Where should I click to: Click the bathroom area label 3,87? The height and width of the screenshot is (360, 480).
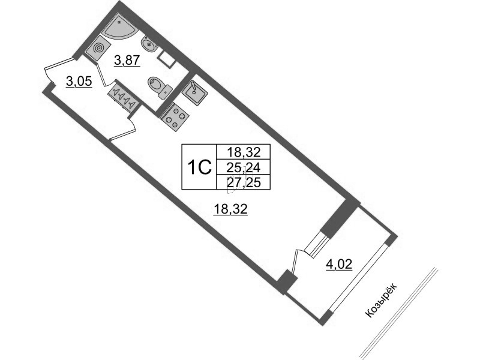127,61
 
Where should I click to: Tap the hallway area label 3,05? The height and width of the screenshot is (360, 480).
79,82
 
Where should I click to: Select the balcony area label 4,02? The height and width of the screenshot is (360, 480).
339,264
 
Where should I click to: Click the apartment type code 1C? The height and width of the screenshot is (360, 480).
200,167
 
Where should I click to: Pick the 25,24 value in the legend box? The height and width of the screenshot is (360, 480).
244,167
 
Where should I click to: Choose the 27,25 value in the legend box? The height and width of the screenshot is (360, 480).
244,183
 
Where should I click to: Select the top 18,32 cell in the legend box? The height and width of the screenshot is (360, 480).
244,152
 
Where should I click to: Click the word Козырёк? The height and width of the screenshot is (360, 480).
382,301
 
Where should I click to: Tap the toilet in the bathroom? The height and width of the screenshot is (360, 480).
160,86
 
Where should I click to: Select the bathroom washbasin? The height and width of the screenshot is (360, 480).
149,44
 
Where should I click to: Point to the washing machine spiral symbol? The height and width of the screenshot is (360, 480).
98,49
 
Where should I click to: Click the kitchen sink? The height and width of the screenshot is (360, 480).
194,92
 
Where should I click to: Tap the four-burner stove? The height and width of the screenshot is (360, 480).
174,116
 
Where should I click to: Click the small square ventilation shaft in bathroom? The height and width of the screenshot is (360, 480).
166,59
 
